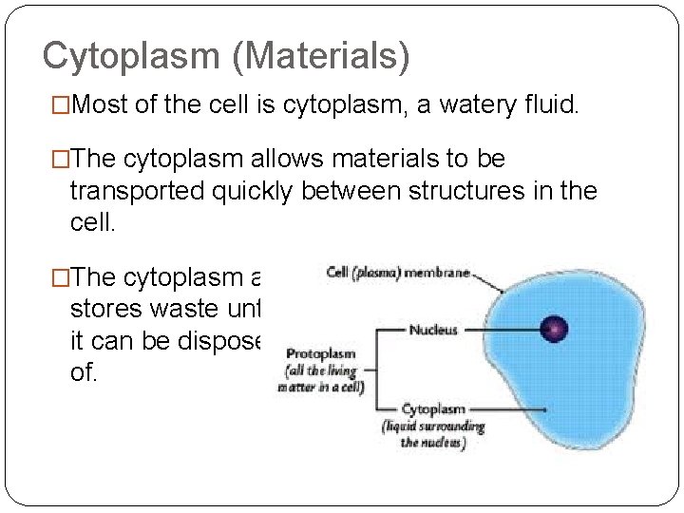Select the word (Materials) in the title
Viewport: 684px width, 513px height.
325,56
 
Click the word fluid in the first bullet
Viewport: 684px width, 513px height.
546,105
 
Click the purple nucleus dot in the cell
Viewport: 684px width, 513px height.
553,331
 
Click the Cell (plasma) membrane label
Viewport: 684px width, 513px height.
398,273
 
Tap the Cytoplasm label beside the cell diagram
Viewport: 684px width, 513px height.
434,408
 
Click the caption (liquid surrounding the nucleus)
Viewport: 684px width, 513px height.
433,434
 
